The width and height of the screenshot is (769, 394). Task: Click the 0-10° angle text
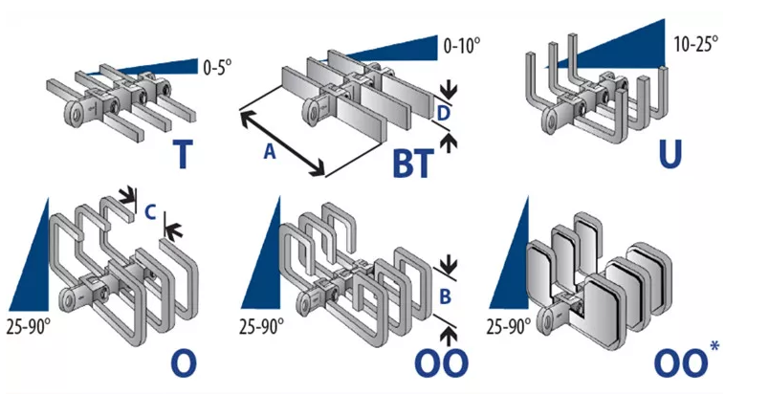pyautogui.click(x=463, y=44)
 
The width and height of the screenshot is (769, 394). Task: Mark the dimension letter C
pyautogui.click(x=151, y=212)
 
